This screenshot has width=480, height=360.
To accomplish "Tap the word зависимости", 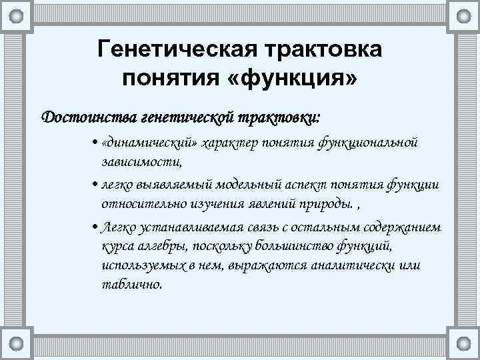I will click(x=141, y=161).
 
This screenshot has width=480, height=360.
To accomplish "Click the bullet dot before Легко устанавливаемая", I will click(x=95, y=228).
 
